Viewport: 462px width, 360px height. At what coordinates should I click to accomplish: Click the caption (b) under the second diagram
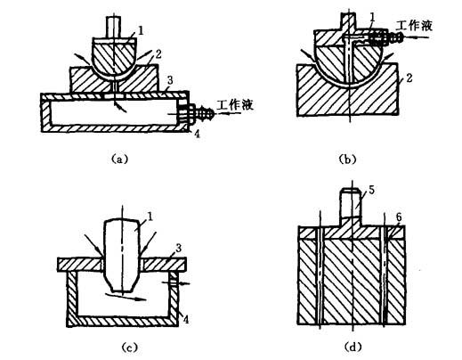[347, 160]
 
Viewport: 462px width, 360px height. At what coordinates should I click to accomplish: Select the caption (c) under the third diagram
[130, 347]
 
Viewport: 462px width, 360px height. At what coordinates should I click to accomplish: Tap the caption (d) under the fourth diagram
[353, 347]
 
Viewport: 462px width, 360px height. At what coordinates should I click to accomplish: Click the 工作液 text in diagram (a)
[235, 104]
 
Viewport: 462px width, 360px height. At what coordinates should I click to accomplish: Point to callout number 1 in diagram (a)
[141, 30]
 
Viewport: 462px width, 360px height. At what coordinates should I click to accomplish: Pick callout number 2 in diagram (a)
[158, 54]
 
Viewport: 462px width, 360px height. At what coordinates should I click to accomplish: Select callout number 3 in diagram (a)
[169, 80]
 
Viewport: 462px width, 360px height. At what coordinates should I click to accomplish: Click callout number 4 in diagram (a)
[197, 135]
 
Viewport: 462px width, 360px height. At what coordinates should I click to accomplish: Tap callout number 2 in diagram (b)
[409, 78]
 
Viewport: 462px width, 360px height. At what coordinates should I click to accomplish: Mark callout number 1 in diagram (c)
[150, 217]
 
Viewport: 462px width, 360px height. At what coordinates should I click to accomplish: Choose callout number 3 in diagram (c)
[178, 249]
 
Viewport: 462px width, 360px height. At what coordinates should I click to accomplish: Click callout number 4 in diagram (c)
[185, 319]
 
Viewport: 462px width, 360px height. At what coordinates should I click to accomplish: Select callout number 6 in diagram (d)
[399, 217]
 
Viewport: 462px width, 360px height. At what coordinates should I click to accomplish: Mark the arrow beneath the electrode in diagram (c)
[126, 297]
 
